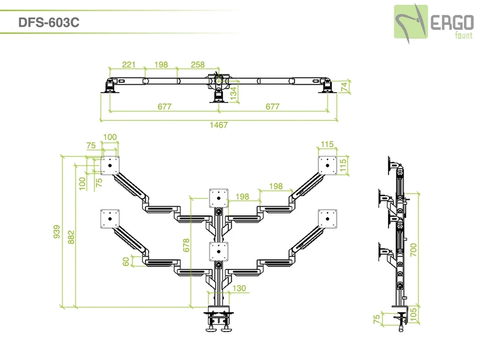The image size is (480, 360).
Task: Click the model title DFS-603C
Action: pyautogui.click(x=48, y=23)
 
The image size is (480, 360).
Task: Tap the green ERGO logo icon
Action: pyautogui.click(x=411, y=22)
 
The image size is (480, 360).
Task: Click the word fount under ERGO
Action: pyautogui.click(x=463, y=35)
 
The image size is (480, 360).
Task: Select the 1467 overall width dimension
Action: pyautogui.click(x=218, y=125)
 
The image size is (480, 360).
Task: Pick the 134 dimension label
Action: pyautogui.click(x=234, y=92)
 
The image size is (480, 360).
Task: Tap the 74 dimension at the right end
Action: pyautogui.click(x=344, y=86)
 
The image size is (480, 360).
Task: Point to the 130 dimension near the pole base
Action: pyautogui.click(x=239, y=288)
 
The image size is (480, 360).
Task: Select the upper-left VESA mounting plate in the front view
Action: pyautogui.click(x=110, y=166)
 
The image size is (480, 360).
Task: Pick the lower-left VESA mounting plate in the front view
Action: pyautogui.click(x=110, y=219)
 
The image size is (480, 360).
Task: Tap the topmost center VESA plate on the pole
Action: pyautogui.click(x=218, y=198)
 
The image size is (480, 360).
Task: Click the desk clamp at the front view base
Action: pyautogui.click(x=218, y=318)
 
